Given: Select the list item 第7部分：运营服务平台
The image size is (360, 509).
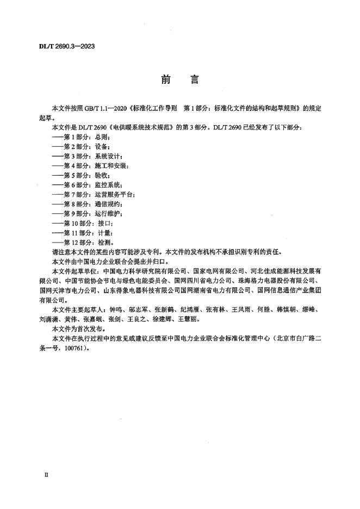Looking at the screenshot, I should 97,195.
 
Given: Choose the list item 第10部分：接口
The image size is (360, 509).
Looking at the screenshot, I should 88,224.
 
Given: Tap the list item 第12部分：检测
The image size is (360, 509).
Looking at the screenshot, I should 88,243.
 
